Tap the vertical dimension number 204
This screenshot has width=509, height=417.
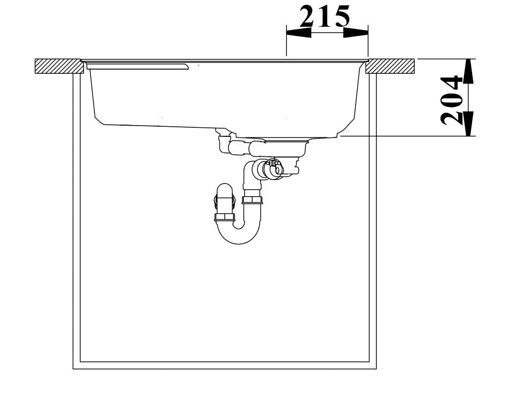(x=451, y=100)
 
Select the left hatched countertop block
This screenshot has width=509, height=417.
(x=58, y=66)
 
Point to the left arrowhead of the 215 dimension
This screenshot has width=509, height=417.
(x=299, y=33)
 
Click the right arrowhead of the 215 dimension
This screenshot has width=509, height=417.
(x=356, y=33)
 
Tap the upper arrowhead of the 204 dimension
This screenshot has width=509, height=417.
(x=468, y=71)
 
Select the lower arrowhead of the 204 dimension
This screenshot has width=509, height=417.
(x=468, y=123)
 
